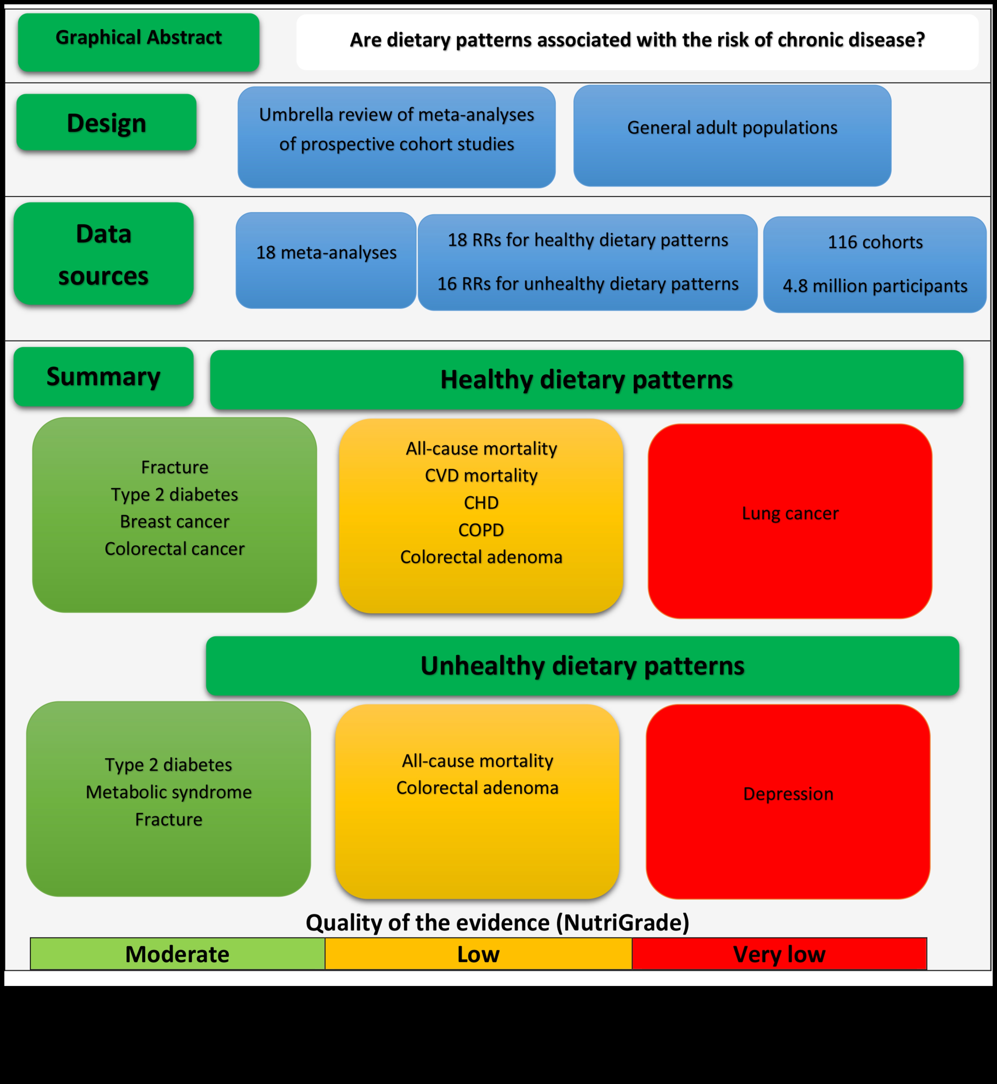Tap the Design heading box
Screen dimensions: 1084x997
[x=106, y=123]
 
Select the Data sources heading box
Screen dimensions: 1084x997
[x=104, y=254]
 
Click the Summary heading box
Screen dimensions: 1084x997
[x=104, y=376]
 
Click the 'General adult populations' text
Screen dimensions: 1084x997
[x=732, y=128]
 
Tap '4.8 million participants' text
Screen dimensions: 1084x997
[x=875, y=286]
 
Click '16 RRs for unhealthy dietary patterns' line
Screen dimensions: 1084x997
[x=587, y=284]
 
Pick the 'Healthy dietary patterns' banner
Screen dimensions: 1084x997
[x=586, y=380]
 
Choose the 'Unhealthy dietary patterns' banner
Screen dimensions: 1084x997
[x=582, y=666]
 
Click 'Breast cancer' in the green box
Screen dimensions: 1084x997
[x=175, y=521]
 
